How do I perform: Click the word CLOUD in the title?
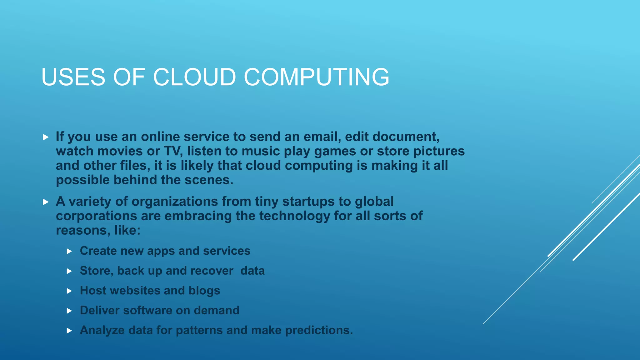tap(194, 77)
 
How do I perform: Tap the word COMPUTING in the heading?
tap(316, 77)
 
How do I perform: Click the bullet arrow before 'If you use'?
tap(46, 137)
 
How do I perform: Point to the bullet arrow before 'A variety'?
tap(46, 202)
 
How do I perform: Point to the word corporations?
tap(96, 216)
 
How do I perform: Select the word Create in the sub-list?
tap(98, 251)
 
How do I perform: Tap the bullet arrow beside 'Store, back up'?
tap(69, 271)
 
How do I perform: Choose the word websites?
tap(135, 291)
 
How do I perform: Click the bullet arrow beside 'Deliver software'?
tap(69, 311)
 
